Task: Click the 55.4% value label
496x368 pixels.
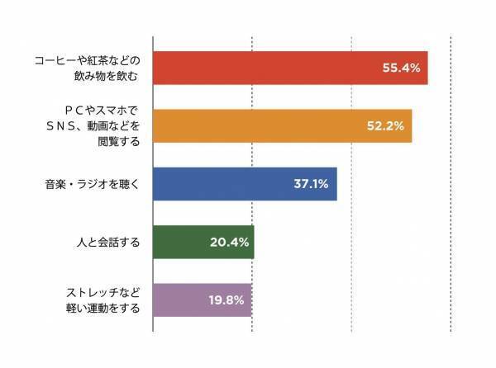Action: tap(402, 68)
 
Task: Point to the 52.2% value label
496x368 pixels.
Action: tap(385, 125)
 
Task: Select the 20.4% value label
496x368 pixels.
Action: tap(227, 242)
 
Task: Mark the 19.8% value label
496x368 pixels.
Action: tap(225, 300)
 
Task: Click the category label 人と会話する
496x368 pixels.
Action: tap(107, 243)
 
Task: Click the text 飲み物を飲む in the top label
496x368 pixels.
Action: tap(107, 76)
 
